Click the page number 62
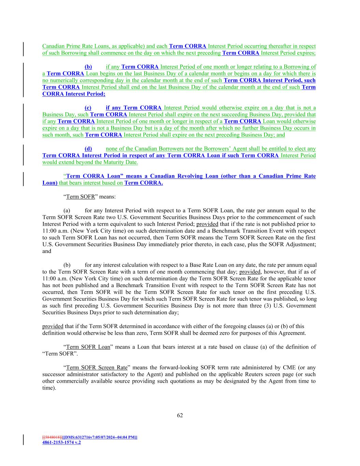(180, 415)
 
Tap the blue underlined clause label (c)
(88, 108)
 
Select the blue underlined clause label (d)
(88, 149)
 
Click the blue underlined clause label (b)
(88, 67)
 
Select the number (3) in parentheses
(262, 306)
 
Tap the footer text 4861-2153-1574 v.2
(61, 442)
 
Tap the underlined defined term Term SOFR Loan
(88, 347)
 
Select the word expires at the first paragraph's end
(305, 53)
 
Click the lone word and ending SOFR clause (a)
(47, 251)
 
